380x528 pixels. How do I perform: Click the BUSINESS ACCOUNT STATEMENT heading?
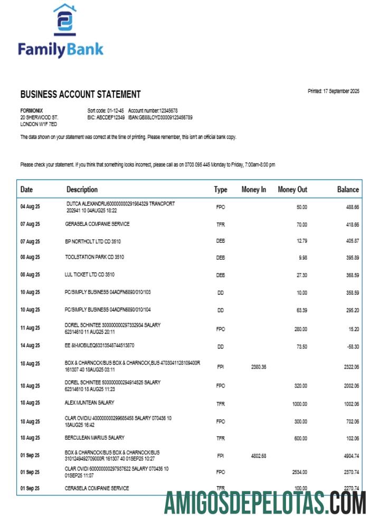click(x=80, y=95)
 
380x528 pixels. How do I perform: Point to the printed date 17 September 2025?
click(x=333, y=91)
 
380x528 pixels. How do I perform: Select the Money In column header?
click(x=253, y=190)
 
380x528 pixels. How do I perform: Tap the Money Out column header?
click(x=292, y=190)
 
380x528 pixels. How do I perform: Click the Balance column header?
click(x=348, y=190)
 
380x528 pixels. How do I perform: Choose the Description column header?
click(x=82, y=190)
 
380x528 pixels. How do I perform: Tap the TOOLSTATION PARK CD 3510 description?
click(x=95, y=257)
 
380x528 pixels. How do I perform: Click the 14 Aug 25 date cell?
click(x=30, y=346)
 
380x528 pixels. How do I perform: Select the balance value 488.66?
click(x=352, y=208)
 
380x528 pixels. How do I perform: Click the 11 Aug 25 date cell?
click(x=30, y=328)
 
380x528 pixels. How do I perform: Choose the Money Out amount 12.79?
click(x=300, y=241)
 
